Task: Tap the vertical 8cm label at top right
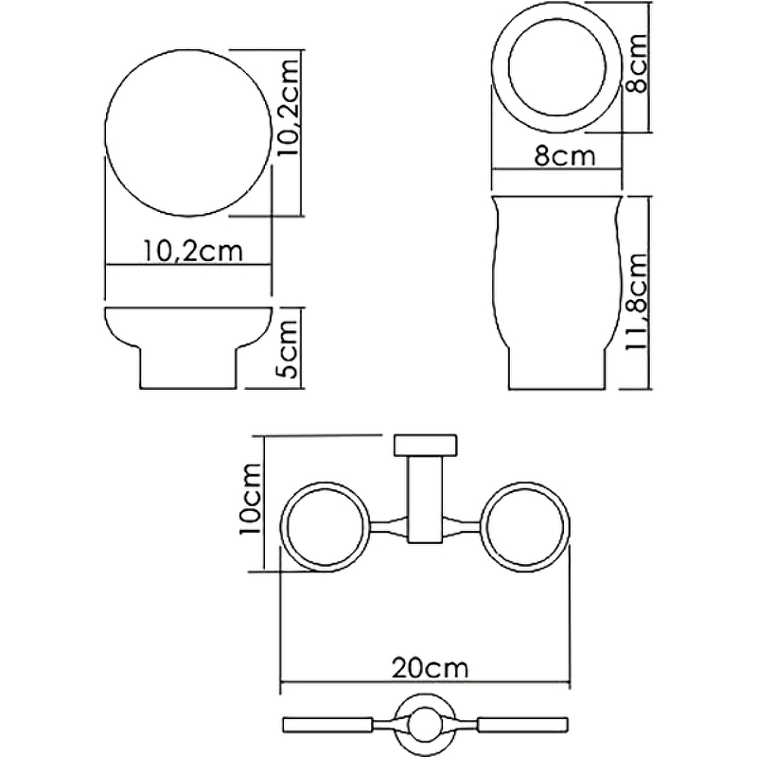[639, 64]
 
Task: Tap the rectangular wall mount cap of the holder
[427, 446]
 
